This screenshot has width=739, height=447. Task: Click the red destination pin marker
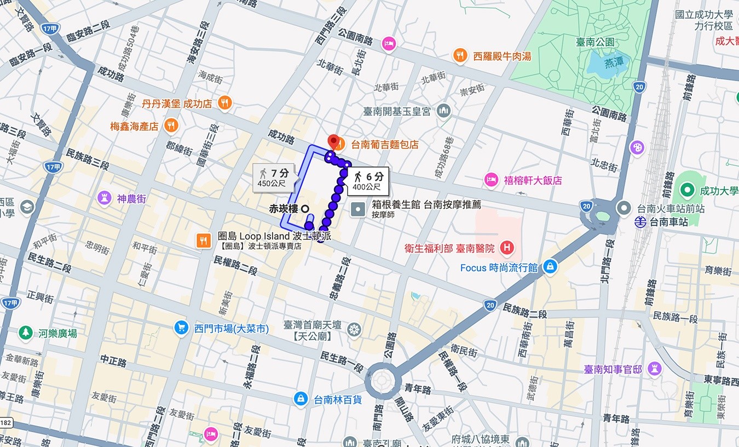pos(332,141)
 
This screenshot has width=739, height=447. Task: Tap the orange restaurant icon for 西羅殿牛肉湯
pos(460,55)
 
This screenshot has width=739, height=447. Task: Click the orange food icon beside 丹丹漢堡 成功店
pos(224,102)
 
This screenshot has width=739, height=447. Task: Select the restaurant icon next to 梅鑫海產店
pos(171,125)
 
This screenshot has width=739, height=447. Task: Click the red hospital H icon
pos(507,248)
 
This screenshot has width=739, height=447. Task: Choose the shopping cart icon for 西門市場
pos(181,328)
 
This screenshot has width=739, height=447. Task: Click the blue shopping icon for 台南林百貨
pos(301,399)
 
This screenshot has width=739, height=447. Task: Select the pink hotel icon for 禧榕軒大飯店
pos(491,180)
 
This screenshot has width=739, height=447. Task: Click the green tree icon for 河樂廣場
pos(25,333)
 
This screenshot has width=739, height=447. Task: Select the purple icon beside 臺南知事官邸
pos(654,369)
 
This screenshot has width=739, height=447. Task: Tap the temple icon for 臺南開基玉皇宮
pos(443,111)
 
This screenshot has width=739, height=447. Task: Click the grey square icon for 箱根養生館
pos(359,209)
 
